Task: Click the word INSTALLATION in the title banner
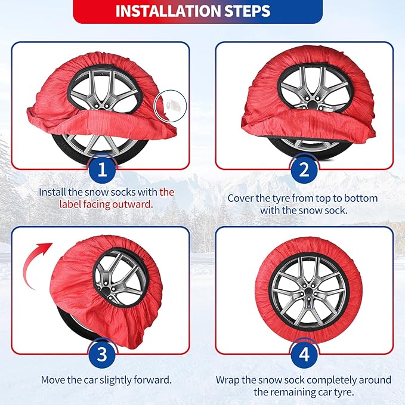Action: click(x=168, y=11)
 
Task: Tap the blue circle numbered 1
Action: click(x=102, y=169)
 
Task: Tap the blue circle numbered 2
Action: click(x=304, y=169)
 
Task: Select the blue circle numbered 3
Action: click(x=102, y=354)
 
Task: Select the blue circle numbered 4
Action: click(x=304, y=354)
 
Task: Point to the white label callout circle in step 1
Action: click(x=170, y=106)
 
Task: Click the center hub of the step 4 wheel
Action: click(x=308, y=292)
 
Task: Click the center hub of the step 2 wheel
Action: click(x=313, y=104)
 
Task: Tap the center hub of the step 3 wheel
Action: click(x=106, y=291)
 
